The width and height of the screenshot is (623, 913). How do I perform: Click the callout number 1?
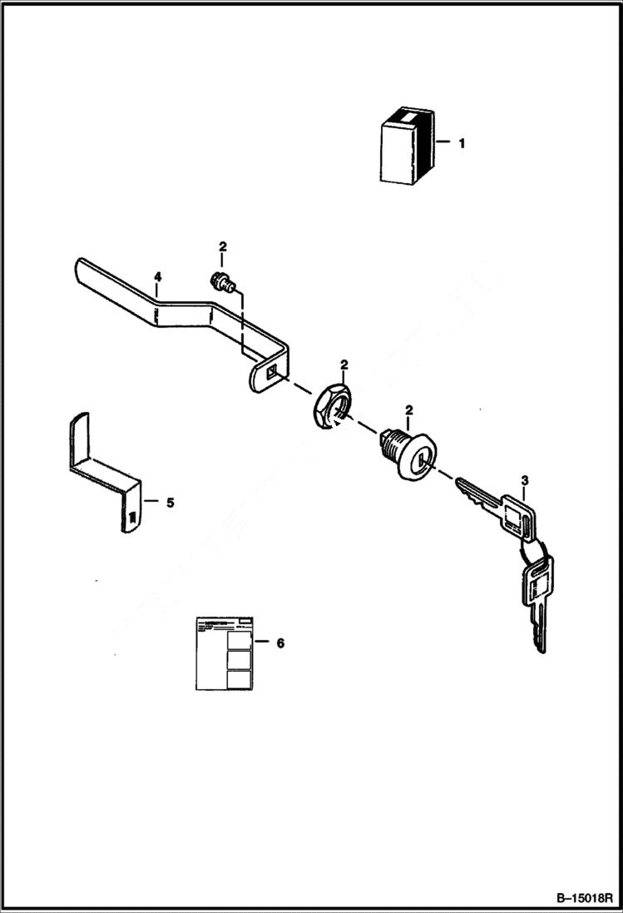(x=462, y=143)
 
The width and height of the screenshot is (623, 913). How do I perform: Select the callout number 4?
(x=156, y=275)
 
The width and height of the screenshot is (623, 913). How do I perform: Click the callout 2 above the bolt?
(x=222, y=246)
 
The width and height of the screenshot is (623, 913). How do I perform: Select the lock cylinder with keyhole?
(x=407, y=454)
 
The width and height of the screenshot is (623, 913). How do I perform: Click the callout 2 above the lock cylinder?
(x=409, y=411)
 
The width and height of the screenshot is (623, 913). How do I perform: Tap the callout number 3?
(x=524, y=480)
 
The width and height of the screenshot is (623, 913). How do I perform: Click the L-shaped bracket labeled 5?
(x=104, y=474)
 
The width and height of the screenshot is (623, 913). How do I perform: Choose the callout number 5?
(x=170, y=502)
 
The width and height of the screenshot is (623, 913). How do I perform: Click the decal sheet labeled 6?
(x=224, y=653)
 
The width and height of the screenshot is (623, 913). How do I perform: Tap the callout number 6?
(x=279, y=643)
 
